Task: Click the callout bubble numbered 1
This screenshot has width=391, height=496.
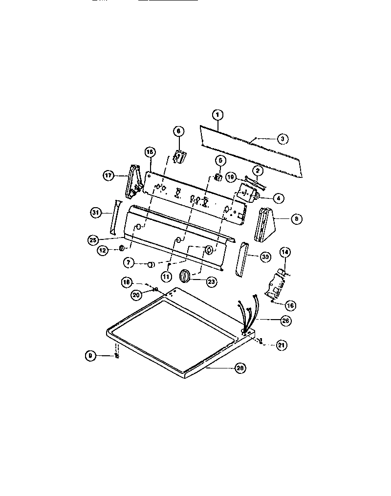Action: tap(218, 115)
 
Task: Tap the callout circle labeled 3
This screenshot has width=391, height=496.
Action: tap(282, 139)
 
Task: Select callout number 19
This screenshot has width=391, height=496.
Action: tap(231, 176)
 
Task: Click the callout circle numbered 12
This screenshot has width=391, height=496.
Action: tap(103, 250)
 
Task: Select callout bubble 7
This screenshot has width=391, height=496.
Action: tap(129, 263)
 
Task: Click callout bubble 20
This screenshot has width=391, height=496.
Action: tap(137, 295)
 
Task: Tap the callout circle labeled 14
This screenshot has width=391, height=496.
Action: tap(285, 253)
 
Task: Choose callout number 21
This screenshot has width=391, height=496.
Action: tap(281, 345)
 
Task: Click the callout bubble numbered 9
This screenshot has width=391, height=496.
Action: tap(89, 356)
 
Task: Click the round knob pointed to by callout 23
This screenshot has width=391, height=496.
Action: tap(185, 276)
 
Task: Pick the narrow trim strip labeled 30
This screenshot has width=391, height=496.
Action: tap(241, 259)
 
